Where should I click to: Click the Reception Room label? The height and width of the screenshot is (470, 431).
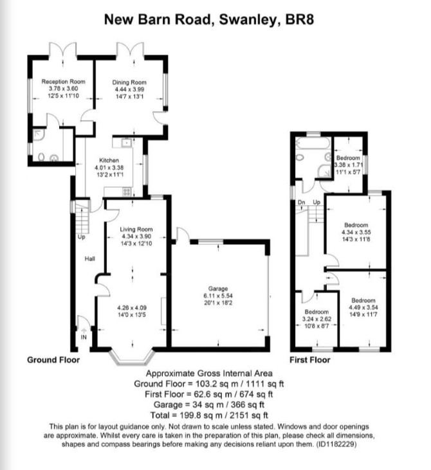[x=63, y=82]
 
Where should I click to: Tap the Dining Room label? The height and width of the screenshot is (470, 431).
[x=129, y=82]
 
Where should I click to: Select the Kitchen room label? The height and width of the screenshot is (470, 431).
[x=109, y=160]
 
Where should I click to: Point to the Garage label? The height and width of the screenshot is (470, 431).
[x=218, y=289]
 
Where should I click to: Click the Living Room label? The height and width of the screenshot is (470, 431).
[x=136, y=230]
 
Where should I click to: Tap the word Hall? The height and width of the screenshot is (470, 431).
[x=89, y=258]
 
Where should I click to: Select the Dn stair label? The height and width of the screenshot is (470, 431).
[x=302, y=203]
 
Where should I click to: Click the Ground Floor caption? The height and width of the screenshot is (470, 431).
[x=53, y=359]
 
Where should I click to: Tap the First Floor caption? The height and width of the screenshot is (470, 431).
[x=310, y=359]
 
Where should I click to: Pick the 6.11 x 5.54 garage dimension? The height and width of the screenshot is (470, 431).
[x=218, y=296]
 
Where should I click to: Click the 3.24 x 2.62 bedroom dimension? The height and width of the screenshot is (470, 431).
[x=316, y=319]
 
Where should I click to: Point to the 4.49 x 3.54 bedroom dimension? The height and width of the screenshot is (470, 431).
[x=363, y=307]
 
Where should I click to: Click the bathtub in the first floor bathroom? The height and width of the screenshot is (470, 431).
[x=311, y=143]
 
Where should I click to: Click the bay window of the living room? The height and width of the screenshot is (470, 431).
[x=132, y=357]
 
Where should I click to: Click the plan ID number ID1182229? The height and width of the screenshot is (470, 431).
[x=336, y=444]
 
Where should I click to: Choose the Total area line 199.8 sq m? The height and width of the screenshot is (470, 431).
[x=209, y=415]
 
